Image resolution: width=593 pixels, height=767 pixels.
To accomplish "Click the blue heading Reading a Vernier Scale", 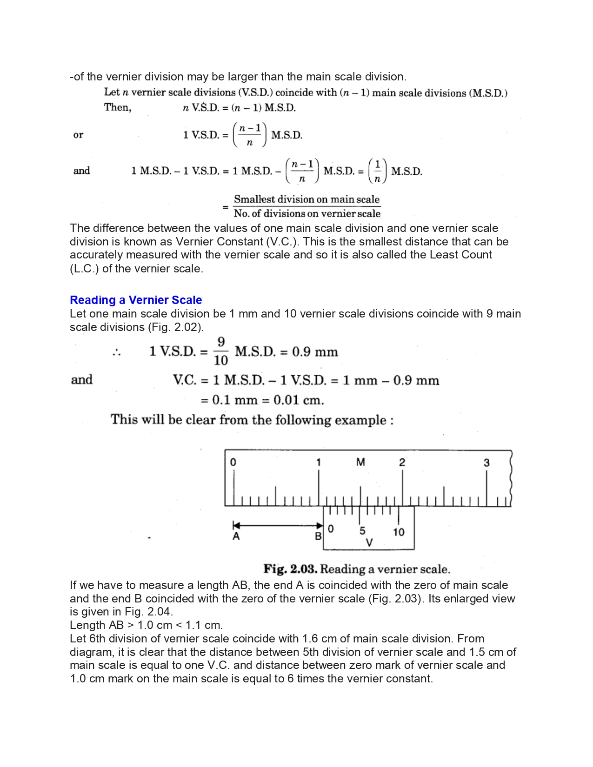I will click(136, 300).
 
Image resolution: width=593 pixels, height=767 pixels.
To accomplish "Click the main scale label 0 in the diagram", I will click(233, 462).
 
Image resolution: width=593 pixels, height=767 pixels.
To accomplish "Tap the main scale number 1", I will click(319, 462).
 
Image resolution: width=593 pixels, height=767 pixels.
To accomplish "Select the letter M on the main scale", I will click(360, 462).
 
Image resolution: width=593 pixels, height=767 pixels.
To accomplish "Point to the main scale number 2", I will click(402, 462).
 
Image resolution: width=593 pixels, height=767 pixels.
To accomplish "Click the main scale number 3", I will click(486, 463).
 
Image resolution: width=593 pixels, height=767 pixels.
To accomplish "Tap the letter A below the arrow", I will click(236, 536).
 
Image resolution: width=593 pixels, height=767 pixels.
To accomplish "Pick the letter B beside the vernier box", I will click(318, 536).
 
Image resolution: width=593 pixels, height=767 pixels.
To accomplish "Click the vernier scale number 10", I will click(399, 532).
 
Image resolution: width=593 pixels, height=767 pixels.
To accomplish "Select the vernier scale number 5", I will click(362, 530).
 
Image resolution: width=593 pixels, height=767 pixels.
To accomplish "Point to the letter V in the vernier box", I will click(369, 542).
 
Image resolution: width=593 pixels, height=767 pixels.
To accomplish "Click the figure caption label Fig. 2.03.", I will click(290, 569).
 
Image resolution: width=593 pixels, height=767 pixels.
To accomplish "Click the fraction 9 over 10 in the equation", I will click(221, 351).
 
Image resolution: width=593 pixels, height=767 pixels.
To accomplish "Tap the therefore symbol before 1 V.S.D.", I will click(116, 352).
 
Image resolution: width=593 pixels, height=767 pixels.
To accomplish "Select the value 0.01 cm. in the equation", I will click(299, 400).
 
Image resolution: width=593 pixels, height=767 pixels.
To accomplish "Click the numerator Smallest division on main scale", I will click(307, 199).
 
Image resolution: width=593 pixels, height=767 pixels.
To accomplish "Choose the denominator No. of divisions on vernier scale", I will click(307, 213).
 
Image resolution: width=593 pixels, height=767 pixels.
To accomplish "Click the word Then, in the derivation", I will click(118, 107).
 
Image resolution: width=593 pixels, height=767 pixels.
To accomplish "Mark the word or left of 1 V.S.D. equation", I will click(79, 135).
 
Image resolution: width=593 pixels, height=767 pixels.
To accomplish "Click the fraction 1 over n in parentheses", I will click(377, 171).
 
